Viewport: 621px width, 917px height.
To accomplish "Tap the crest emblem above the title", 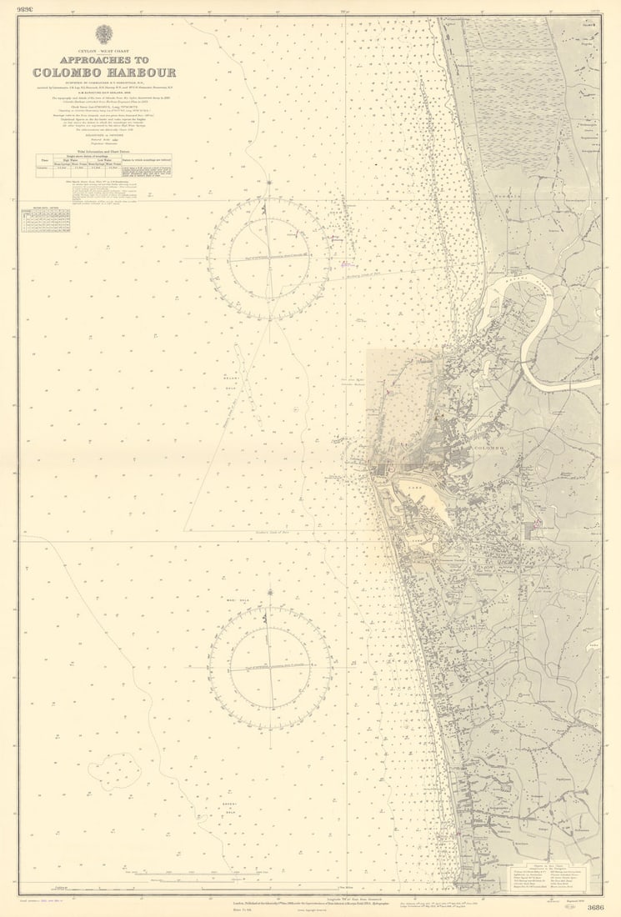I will click(104, 34).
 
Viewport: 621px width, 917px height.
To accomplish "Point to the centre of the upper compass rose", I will click(268, 258).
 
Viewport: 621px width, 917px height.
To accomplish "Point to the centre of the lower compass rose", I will click(269, 668).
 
